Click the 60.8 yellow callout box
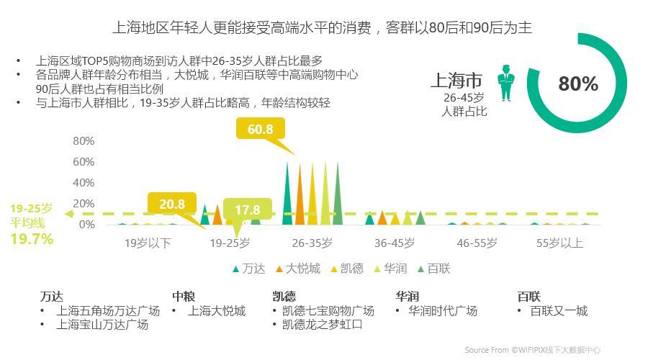point(260,130)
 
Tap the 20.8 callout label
point(172,204)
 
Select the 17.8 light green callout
point(247,210)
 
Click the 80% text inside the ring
point(578,84)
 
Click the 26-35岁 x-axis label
point(312,243)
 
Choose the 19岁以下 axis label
point(148,243)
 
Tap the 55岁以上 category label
point(559,243)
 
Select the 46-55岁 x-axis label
point(477,243)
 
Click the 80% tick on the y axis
point(84,141)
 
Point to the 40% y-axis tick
point(84,183)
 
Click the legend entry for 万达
point(248,269)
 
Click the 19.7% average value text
point(32,239)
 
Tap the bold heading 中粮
point(184,296)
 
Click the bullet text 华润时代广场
point(442,311)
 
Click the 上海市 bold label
point(456,80)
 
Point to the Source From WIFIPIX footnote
point(532,350)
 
